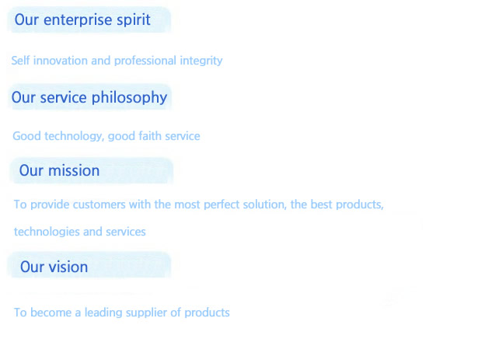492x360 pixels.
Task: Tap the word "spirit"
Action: pos(134,20)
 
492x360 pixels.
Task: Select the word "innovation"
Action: pos(60,61)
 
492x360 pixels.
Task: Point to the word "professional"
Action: pos(145,61)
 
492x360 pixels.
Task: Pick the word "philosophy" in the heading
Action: pos(129,98)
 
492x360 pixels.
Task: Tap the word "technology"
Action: pos(74,137)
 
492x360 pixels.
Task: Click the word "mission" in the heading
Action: pos(74,171)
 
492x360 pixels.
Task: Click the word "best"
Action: pos(321,204)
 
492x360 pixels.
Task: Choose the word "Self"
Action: pos(20,61)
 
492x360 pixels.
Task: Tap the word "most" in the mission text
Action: pos(187,205)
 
